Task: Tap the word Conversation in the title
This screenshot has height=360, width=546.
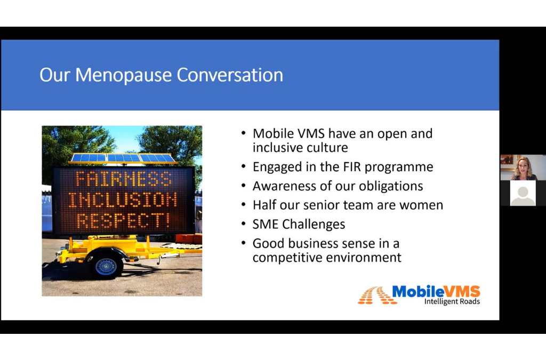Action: [230, 75]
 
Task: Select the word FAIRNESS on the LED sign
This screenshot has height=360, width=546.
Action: [123, 179]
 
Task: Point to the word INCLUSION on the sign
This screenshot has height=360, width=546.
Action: [123, 200]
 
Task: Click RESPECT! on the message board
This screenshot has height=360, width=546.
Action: [124, 221]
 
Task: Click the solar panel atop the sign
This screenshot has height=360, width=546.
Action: [123, 158]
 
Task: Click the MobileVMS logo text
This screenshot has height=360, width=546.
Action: [436, 291]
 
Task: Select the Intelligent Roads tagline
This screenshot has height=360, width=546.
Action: [452, 301]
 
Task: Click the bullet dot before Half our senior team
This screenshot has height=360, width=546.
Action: [244, 205]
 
